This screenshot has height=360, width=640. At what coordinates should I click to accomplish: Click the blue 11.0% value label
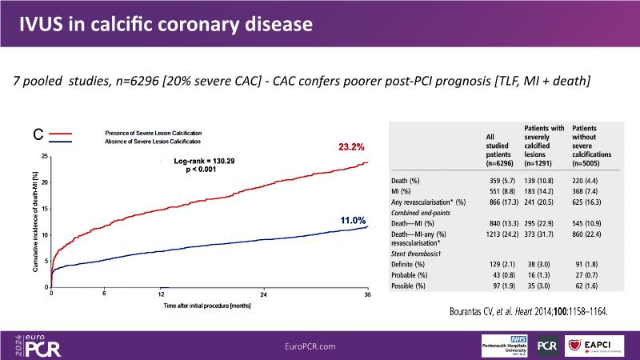coord(349,220)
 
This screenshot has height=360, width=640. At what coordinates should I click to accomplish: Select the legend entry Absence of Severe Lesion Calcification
coord(152,141)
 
